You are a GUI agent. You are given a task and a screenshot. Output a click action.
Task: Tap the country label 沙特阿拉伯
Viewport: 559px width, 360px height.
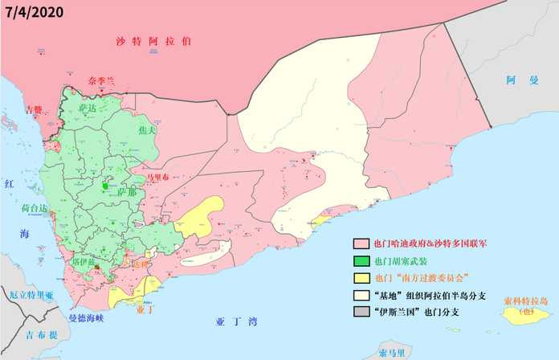(x=153, y=40)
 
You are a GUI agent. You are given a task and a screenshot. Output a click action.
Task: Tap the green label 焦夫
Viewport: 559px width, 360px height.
(x=145, y=129)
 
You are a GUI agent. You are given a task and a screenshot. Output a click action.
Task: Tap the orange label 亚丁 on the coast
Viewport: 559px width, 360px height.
(x=145, y=307)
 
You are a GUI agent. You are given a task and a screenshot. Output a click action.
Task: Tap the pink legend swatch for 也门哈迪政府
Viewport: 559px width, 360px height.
(x=361, y=243)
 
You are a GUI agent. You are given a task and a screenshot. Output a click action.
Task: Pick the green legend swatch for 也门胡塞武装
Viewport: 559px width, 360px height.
(x=361, y=260)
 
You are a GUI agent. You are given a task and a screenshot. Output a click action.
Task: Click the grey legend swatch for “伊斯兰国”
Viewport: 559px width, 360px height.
(x=361, y=313)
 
